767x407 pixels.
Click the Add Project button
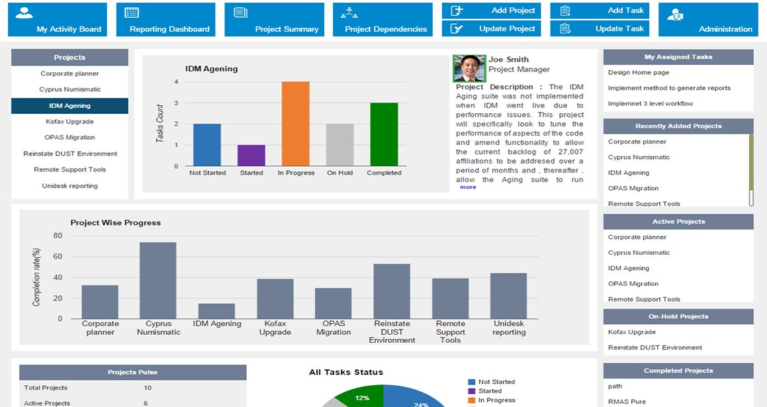[491, 11]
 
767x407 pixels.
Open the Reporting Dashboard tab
[165, 20]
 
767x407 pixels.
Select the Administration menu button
[712, 20]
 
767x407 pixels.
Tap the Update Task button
[600, 28]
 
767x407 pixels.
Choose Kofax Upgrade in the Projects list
[69, 122]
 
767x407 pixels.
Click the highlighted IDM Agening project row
[69, 106]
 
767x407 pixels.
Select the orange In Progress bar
[296, 124]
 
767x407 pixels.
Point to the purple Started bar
[251, 156]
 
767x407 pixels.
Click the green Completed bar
[384, 134]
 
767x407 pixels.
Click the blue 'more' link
[468, 187]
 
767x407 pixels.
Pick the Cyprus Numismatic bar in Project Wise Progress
[158, 280]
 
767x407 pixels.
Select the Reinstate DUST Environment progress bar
[392, 291]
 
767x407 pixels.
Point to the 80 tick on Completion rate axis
[58, 236]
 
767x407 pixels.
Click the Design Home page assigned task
[638, 73]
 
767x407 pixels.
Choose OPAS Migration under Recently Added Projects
[633, 189]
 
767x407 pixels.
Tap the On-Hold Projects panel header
[678, 316]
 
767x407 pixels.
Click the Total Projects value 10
[148, 388]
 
